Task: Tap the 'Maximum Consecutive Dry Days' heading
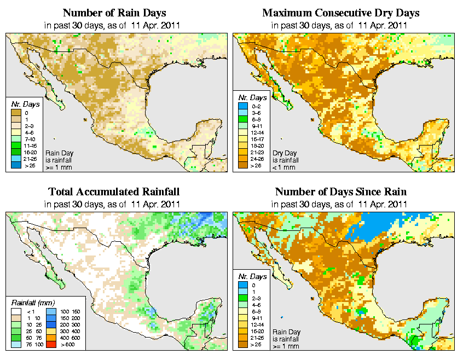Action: (340, 12)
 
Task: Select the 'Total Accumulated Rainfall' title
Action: (114, 191)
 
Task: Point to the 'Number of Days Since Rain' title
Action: (340, 191)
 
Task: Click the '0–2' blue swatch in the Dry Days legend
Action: (241, 106)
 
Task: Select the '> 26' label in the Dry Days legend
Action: (256, 165)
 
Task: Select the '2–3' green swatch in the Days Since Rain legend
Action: (241, 298)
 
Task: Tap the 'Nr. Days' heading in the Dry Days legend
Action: (248, 97)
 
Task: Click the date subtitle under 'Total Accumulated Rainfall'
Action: (114, 204)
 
